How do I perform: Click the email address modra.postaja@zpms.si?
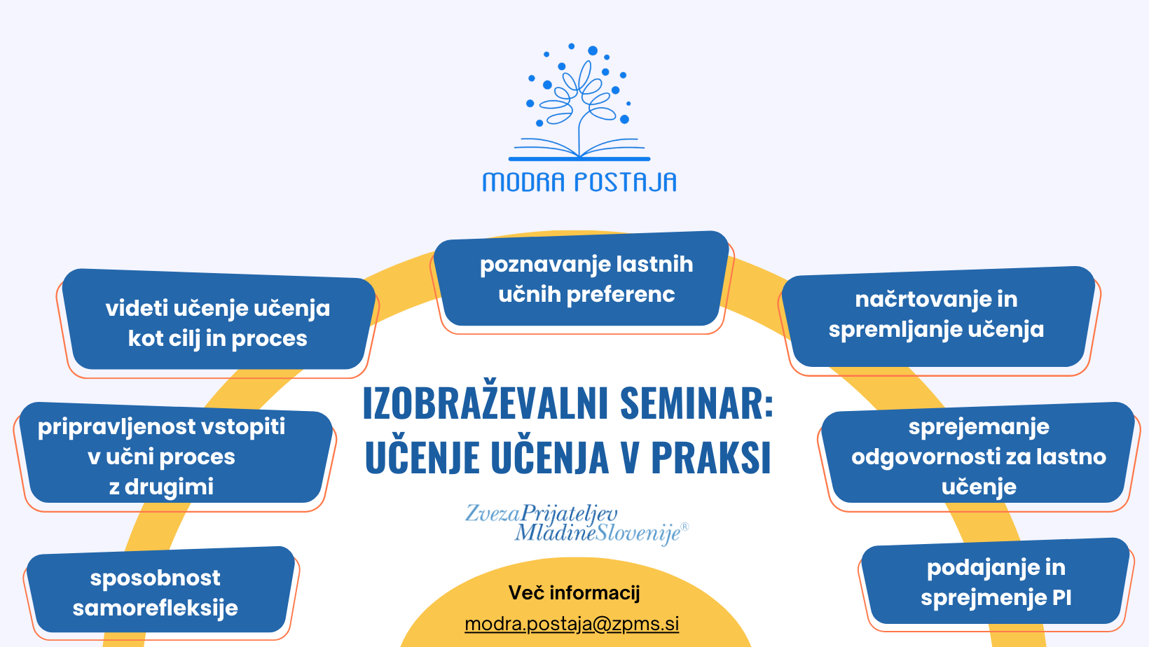coord(572,625)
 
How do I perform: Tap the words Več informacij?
coord(574,592)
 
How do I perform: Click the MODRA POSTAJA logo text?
coord(579,183)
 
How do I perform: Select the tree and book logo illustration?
coord(579,102)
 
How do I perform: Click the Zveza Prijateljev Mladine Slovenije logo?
coord(577,524)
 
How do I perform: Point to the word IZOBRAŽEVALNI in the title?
coord(486,404)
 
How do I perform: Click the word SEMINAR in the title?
coord(696,404)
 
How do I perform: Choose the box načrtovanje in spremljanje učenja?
coord(938,317)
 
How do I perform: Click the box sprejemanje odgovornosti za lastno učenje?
coord(978,453)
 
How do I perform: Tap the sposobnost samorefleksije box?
coord(160,590)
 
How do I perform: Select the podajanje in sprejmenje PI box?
coord(996,581)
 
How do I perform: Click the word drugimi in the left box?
coord(169,487)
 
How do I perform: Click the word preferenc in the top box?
coord(621,295)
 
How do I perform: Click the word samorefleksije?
coord(156,608)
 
